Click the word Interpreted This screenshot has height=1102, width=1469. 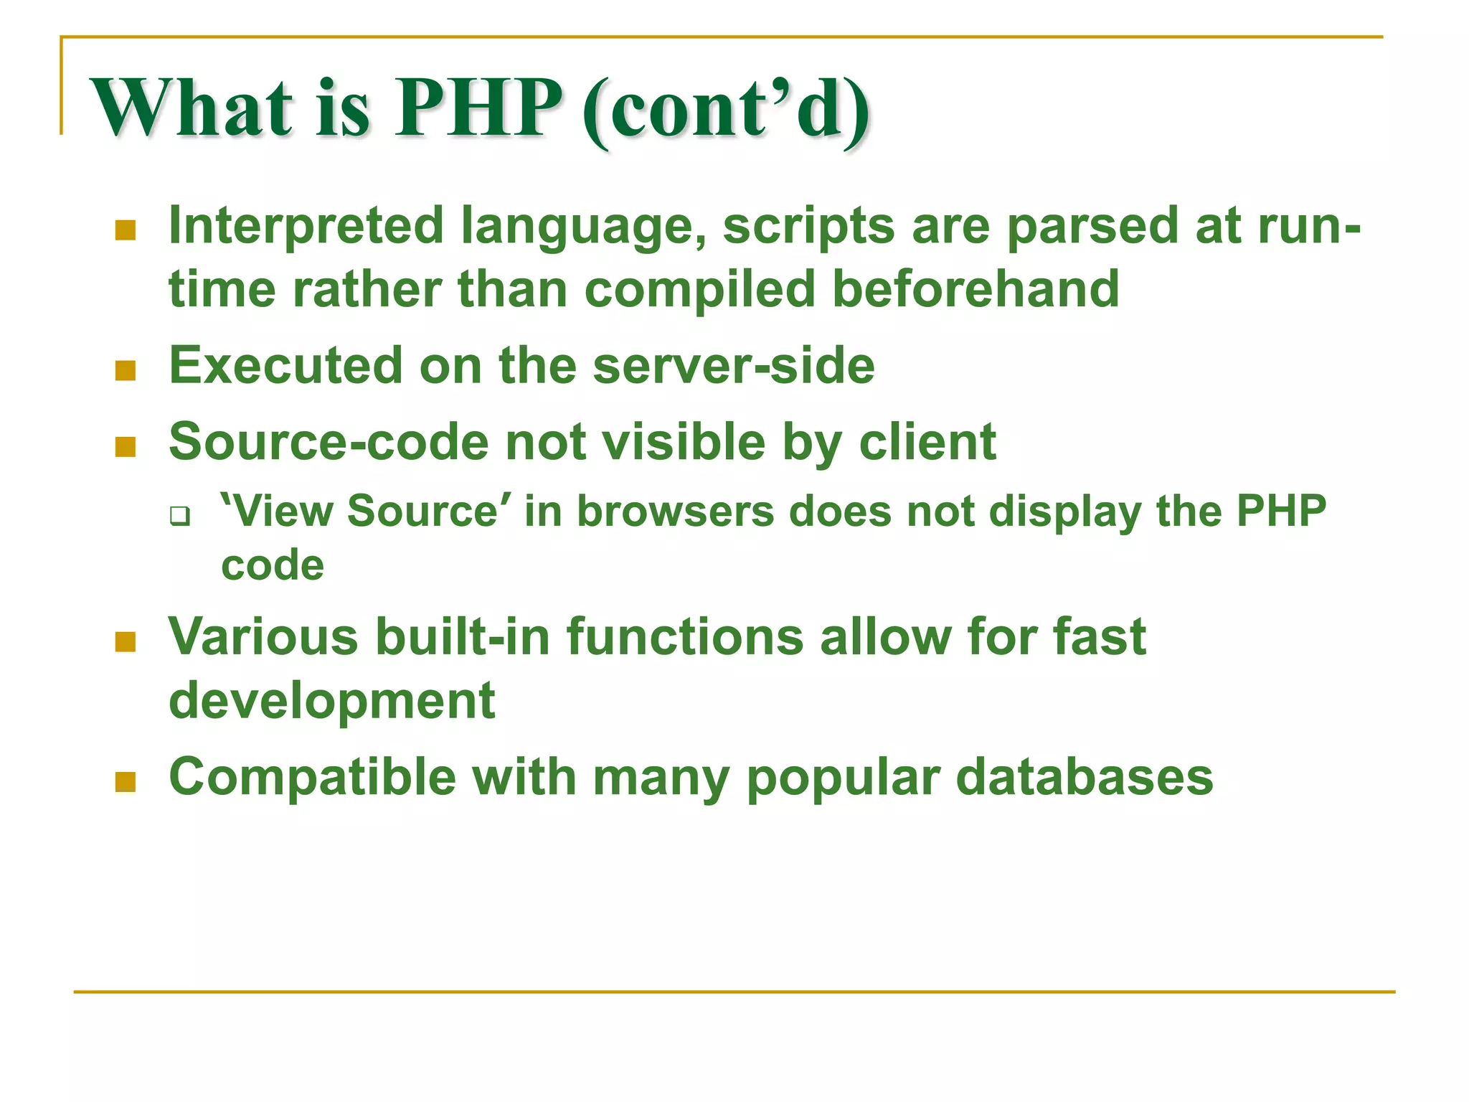pyautogui.click(x=306, y=227)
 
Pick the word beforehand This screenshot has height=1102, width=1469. pyautogui.click(x=976, y=289)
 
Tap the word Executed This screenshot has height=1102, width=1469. pyautogui.click(x=285, y=365)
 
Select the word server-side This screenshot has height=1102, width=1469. pyautogui.click(x=734, y=365)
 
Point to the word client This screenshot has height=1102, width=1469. pyautogui.click(x=927, y=442)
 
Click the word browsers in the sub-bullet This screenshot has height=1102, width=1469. pyautogui.click(x=676, y=512)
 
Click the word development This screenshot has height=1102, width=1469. pyautogui.click(x=331, y=701)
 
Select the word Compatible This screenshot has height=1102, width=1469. pyautogui.click(x=312, y=778)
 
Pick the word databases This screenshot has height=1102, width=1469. pyautogui.click(x=1085, y=778)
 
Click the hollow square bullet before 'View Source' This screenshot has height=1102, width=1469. pyautogui.click(x=179, y=516)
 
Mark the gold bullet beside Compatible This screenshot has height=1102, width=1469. pyautogui.click(x=126, y=782)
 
